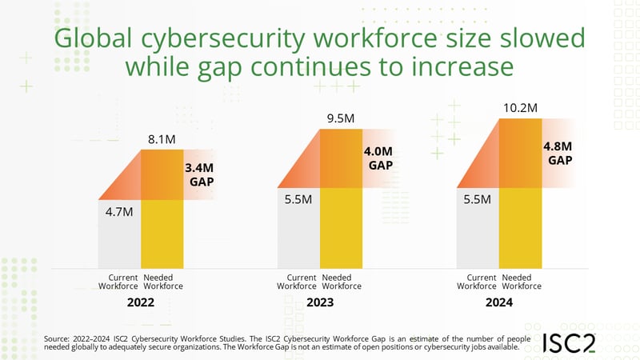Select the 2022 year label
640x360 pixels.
[140, 303]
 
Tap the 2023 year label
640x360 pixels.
[319, 303]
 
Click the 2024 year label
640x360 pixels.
[498, 303]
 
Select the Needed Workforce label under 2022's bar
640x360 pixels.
[162, 281]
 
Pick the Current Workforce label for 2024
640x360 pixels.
[477, 281]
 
